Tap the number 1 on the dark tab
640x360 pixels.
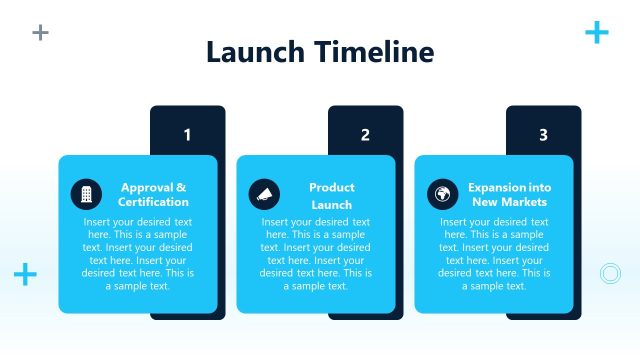[187, 135]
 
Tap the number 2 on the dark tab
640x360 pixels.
[365, 135]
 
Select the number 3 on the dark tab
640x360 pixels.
[543, 135]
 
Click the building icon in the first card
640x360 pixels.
[86, 194]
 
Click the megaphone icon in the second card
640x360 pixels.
[264, 194]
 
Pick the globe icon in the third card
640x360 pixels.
[442, 194]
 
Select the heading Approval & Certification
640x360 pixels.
[153, 195]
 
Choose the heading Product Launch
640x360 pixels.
[331, 196]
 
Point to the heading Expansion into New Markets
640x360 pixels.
[510, 195]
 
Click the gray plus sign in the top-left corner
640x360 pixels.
[40, 32]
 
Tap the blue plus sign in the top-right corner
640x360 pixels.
[596, 33]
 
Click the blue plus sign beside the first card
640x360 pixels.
[25, 274]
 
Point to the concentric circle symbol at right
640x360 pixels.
[609, 273]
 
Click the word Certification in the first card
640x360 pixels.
[153, 203]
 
